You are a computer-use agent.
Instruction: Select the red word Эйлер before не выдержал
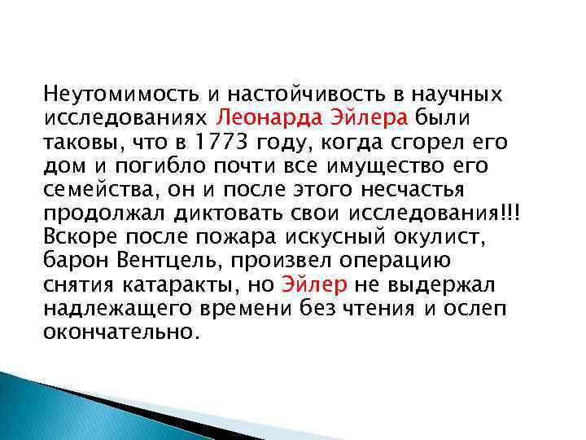[x=314, y=285]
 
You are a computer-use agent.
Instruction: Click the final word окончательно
[x=120, y=332]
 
